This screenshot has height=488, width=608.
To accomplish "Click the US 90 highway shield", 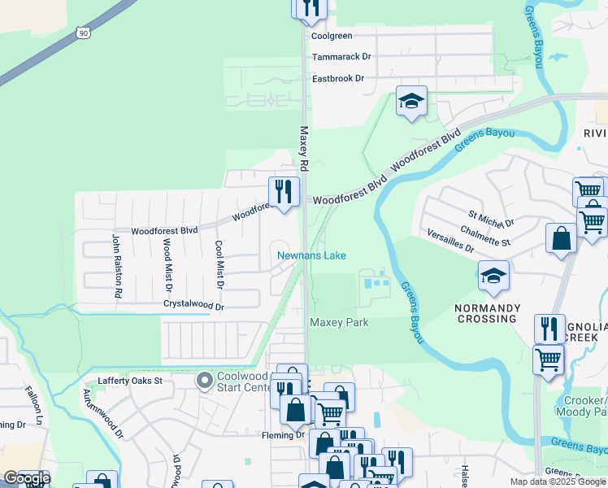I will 82,32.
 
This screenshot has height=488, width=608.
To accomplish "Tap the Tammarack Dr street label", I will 341,57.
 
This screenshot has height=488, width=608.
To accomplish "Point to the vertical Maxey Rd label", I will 305,147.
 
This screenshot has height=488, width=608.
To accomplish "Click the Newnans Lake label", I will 311,255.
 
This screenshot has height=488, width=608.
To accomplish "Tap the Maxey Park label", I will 339,323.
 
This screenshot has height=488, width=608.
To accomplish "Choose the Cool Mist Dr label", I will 219,264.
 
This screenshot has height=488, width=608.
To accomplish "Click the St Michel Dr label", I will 491,222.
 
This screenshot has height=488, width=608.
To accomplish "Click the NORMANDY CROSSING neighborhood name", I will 485,313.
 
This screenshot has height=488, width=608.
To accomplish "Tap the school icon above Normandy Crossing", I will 493,277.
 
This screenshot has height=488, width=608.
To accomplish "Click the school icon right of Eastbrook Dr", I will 412,102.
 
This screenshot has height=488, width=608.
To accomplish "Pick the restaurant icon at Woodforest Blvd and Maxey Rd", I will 283,193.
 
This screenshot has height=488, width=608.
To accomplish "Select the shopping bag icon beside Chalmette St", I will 561,239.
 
